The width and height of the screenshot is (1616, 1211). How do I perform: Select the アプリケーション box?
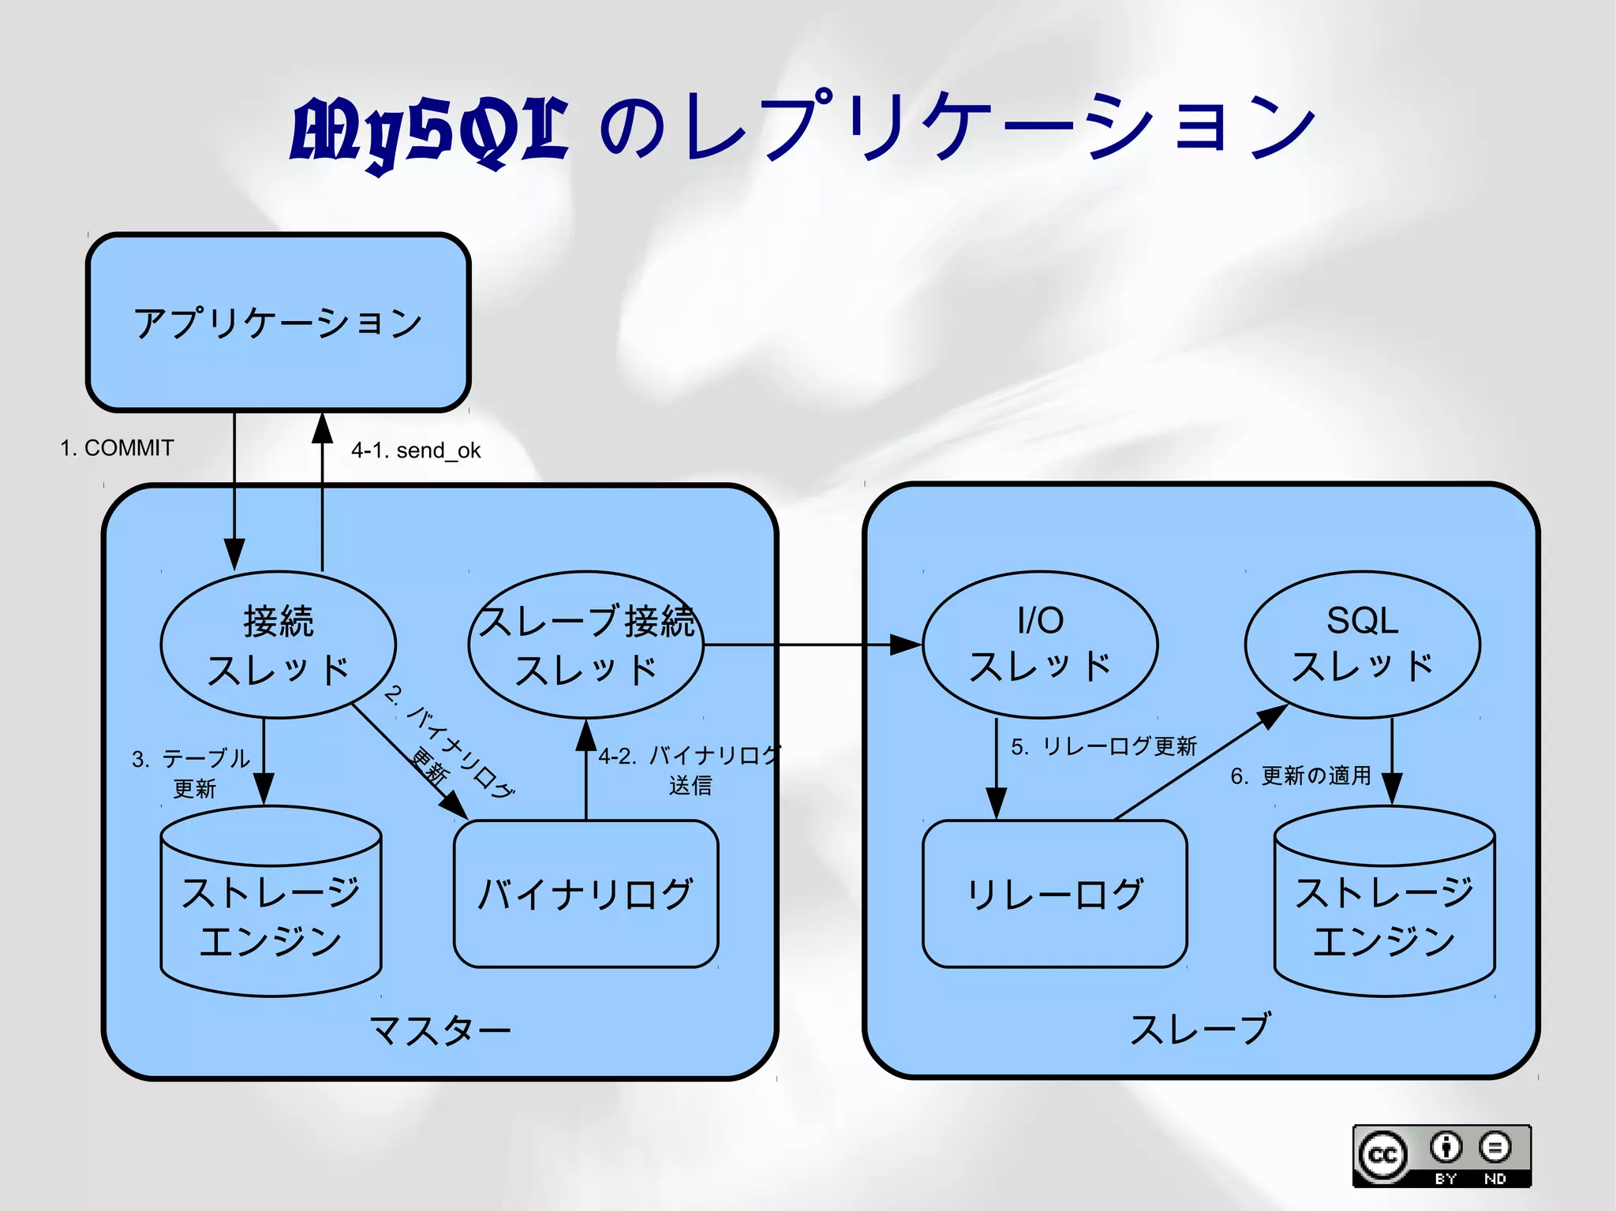coord(278,322)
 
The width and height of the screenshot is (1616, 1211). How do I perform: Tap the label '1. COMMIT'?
coord(117,448)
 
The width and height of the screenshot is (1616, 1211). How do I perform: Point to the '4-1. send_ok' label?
coord(416,450)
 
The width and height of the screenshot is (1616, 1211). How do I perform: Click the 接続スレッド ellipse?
coord(278,645)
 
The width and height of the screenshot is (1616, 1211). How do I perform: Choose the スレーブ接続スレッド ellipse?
coord(585,645)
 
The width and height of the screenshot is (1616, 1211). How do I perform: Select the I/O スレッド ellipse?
coord(1040,645)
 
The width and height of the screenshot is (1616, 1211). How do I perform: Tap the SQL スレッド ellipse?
coord(1362,645)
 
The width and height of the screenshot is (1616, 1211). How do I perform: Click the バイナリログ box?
coord(585,894)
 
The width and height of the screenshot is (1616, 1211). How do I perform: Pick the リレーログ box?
coord(1055,894)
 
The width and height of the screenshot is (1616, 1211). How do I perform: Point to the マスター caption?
coord(440,1030)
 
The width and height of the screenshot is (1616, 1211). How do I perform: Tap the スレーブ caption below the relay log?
coord(1200,1029)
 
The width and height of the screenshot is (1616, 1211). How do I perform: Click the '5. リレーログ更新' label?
coord(1104,746)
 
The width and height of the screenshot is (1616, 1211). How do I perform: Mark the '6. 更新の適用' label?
coord(1300,776)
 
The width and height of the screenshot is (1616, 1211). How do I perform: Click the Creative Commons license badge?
coord(1442,1156)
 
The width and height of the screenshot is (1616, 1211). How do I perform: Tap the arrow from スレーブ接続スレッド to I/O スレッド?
coord(813,645)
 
